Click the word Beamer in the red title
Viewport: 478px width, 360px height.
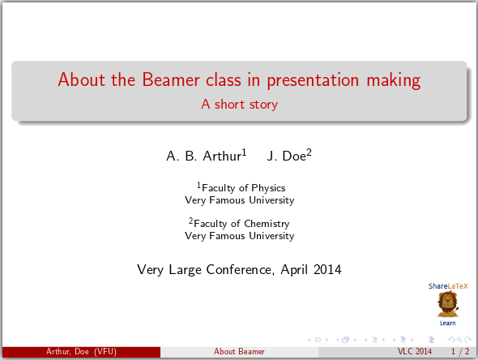click(x=171, y=80)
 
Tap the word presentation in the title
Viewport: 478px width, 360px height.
click(x=313, y=81)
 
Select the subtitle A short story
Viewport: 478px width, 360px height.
click(x=239, y=105)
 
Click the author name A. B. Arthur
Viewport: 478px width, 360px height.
click(x=207, y=156)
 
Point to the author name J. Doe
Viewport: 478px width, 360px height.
click(x=289, y=156)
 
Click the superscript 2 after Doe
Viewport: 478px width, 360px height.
click(x=309, y=152)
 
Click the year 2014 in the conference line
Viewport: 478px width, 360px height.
click(x=327, y=270)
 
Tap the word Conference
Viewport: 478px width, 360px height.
click(x=239, y=270)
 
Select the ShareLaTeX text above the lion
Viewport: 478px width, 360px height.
click(x=448, y=286)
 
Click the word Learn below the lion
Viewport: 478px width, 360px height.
click(x=447, y=324)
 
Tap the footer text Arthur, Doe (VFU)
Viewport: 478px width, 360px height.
click(x=81, y=352)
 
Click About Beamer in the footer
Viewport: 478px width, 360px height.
click(x=239, y=352)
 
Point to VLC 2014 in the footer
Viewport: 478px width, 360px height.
click(x=415, y=352)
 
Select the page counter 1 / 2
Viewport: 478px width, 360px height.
click(x=460, y=352)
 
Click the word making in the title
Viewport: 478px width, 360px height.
click(x=394, y=81)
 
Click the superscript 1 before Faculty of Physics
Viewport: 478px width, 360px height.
click(x=198, y=185)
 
